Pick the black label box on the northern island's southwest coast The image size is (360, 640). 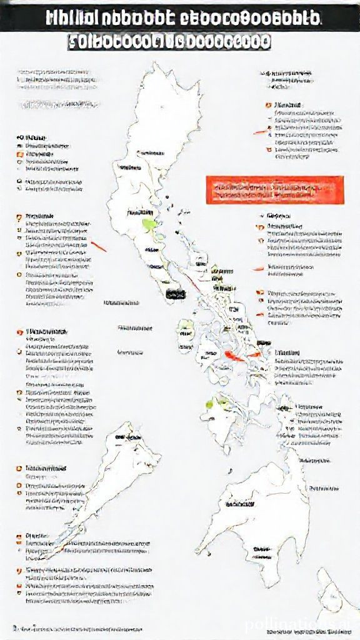tap(176, 293)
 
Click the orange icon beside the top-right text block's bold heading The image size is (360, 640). tap(267, 104)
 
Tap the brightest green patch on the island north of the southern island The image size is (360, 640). tap(218, 401)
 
